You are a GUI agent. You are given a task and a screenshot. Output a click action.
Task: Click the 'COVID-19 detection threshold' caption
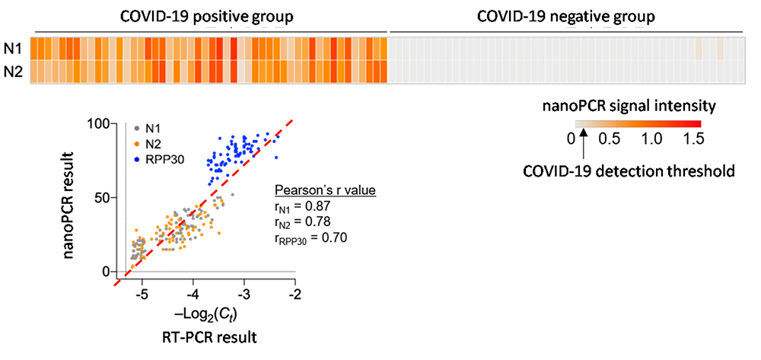coord(629,172)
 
